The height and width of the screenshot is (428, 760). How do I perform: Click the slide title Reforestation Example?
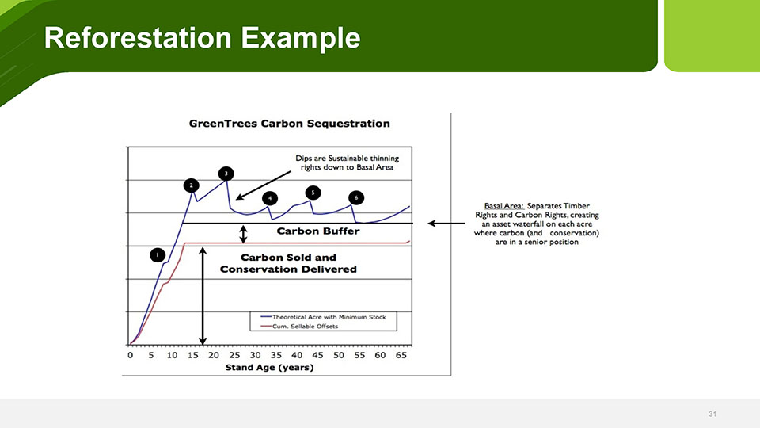coord(202,38)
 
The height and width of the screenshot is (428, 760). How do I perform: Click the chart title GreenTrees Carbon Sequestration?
coord(290,124)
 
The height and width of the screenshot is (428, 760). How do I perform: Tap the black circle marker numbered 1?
coord(158,255)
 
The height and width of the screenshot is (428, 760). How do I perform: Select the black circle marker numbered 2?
coord(192,185)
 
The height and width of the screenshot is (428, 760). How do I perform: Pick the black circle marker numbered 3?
coord(226,174)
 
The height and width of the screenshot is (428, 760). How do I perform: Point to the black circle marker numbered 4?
coord(270,198)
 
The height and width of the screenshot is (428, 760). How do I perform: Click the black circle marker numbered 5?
coord(313,193)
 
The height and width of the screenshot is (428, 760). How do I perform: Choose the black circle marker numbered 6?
coord(356,198)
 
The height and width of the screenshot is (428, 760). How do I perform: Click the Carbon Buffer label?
coord(318,231)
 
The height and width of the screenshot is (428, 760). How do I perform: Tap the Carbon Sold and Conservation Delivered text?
coord(288,263)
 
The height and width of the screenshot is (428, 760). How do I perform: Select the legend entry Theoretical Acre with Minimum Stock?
coord(323,317)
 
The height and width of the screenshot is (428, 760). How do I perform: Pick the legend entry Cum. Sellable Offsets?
coord(299,326)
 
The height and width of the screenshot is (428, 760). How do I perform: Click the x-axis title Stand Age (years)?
coord(269,367)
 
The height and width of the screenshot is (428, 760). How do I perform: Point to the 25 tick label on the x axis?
coord(234,355)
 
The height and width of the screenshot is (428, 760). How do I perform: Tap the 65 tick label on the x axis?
coord(401,355)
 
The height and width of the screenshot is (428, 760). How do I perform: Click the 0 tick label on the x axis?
coord(131,355)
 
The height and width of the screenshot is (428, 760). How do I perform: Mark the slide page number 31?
coord(712,414)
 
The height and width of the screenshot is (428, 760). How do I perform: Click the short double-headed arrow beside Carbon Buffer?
coord(243,234)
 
